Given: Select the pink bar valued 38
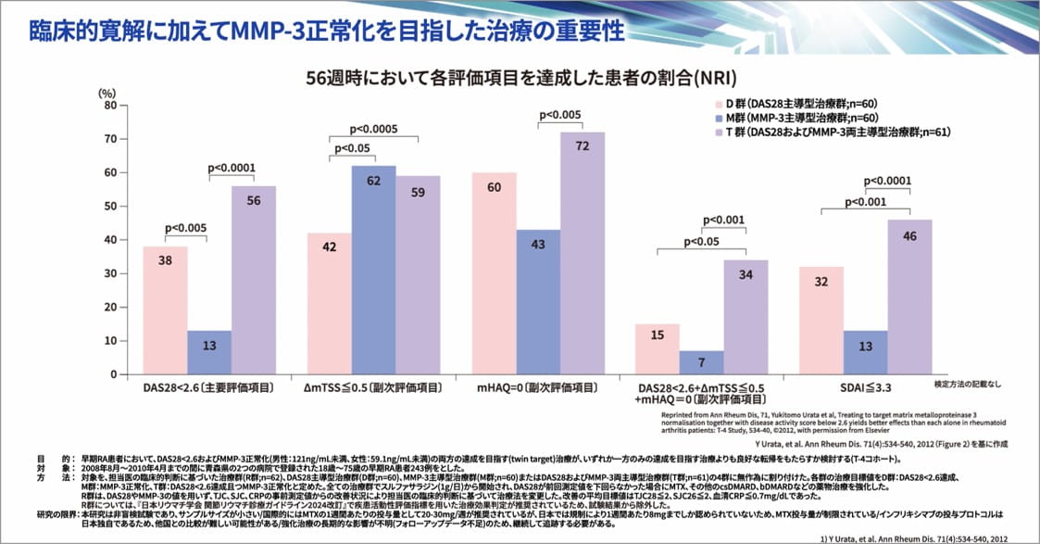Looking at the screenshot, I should pos(165,310).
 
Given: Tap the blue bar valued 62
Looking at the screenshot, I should pos(373,270).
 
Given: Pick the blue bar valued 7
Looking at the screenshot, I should pos(702,362).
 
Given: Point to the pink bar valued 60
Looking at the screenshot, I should pos(494,273).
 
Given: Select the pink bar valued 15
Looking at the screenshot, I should pos(658,348).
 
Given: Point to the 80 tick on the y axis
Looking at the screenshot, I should pos(109,106).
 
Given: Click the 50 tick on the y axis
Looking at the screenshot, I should pos(109,207).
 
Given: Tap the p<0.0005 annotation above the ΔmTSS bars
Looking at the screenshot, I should pos(374,130).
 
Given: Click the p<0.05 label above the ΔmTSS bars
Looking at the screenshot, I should pos(352,148).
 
